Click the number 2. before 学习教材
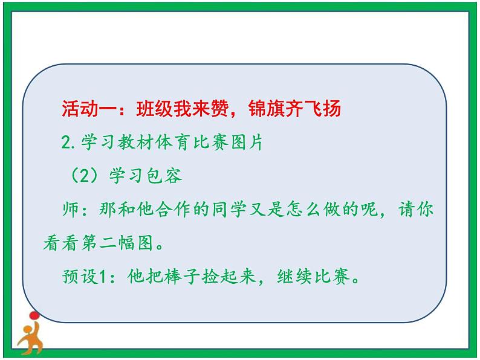tap(68, 144)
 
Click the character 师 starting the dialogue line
tap(70, 211)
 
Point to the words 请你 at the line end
tap(419, 211)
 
